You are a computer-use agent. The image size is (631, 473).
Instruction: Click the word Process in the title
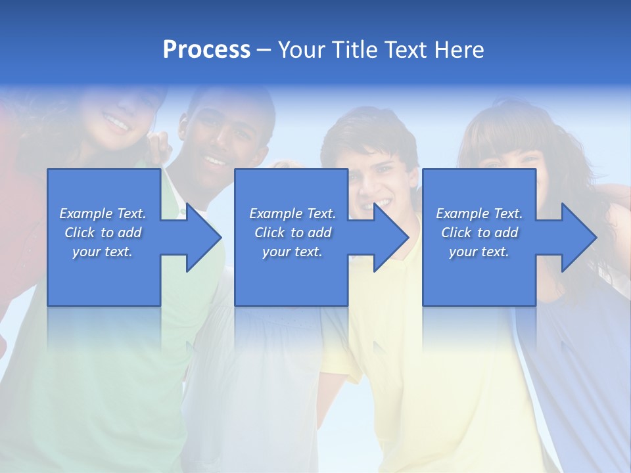coord(206,49)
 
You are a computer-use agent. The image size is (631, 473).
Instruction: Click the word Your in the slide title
coord(302,49)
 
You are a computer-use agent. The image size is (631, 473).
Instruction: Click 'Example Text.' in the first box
coord(103,214)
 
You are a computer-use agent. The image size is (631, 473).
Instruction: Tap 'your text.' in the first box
coord(103,252)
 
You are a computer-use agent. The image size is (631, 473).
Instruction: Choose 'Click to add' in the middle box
coord(292,233)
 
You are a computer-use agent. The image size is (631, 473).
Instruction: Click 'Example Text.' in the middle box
coord(292,214)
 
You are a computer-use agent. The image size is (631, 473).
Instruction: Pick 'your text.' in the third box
coord(479,252)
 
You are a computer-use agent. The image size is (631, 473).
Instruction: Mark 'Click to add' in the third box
coord(479,233)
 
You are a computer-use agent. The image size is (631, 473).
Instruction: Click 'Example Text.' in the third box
coord(479,214)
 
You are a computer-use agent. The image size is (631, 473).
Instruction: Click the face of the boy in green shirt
coord(220,141)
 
